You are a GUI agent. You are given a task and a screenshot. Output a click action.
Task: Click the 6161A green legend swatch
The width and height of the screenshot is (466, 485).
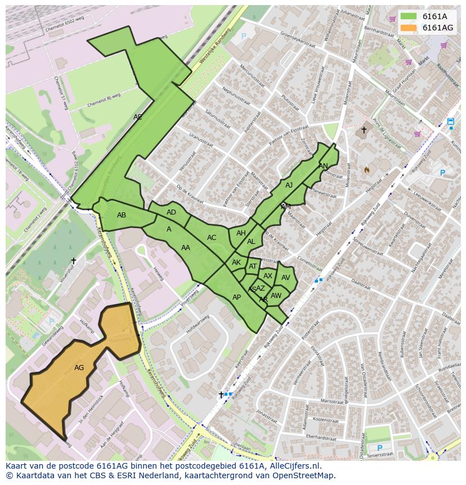coord(409,16)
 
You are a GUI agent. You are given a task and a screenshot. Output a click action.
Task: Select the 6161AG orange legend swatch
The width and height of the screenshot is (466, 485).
coord(409,28)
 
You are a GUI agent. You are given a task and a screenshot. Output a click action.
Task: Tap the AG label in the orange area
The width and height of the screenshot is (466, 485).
coord(79,368)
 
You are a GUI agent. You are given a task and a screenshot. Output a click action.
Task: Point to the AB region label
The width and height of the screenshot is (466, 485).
coord(122,215)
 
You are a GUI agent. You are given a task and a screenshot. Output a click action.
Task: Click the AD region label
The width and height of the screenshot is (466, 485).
coord(171,212)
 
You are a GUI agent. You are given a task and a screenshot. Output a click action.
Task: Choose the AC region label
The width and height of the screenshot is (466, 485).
coord(212,238)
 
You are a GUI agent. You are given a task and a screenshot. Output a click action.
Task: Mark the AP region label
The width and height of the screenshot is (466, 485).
coord(236,297)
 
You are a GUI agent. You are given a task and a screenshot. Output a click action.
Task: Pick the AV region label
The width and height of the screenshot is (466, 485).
coord(285,278)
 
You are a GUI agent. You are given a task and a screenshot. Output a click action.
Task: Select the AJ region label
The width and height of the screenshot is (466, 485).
coord(289,185)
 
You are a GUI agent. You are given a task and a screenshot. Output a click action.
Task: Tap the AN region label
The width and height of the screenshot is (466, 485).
coord(323,166)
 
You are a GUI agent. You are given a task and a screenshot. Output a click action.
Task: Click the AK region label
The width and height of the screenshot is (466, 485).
coord(236,262)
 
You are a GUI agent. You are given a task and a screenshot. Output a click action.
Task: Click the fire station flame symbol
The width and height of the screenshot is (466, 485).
coord(367,169)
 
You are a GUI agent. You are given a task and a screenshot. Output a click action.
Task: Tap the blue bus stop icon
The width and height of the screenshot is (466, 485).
coord(450,122)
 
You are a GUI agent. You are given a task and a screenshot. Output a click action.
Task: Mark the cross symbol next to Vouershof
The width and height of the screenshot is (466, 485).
coord(73,261)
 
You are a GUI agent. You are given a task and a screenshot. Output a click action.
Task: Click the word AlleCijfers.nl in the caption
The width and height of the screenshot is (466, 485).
coord(293,466)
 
